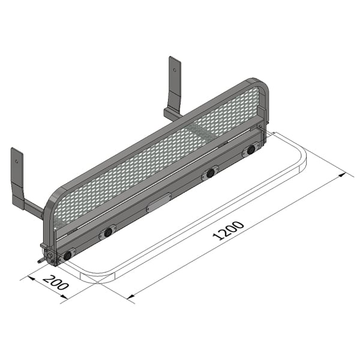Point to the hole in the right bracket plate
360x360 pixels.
click(x=175, y=69)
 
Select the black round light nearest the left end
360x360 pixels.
click(x=67, y=256)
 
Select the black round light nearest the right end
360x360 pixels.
click(x=251, y=150)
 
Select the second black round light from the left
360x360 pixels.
click(x=108, y=232)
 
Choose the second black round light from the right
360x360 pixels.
click(x=211, y=173)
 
